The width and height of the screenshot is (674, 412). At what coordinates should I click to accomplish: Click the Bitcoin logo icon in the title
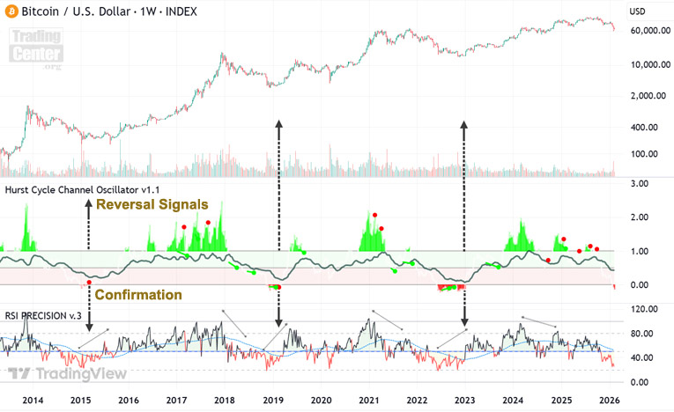[x=11, y=11]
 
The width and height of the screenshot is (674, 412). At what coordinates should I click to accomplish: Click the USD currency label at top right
[x=639, y=11]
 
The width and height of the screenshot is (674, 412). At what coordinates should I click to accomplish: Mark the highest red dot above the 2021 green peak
[x=374, y=214]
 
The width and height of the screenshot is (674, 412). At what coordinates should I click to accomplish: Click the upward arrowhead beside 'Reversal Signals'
[x=88, y=203]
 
